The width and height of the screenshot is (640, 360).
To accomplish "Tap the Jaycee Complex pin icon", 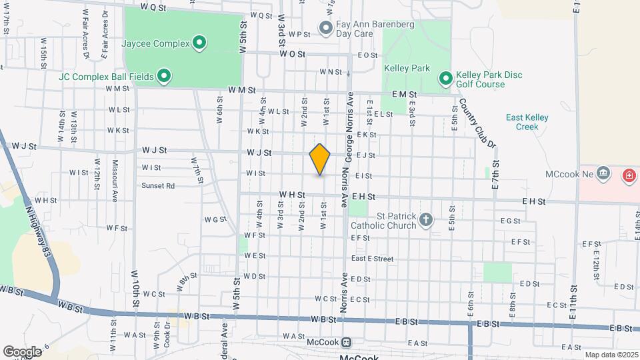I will (199, 45).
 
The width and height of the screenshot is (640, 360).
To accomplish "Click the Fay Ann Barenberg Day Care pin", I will (326, 28).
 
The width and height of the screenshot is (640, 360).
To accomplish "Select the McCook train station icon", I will (346, 343).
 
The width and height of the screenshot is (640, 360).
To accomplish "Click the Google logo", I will (22, 351).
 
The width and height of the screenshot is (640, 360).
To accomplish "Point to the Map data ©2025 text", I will (610, 355).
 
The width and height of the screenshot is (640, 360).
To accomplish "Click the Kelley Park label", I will (407, 68).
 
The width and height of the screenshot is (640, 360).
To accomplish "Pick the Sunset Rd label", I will (157, 186).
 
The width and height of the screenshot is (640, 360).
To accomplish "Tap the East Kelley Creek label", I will (527, 122).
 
